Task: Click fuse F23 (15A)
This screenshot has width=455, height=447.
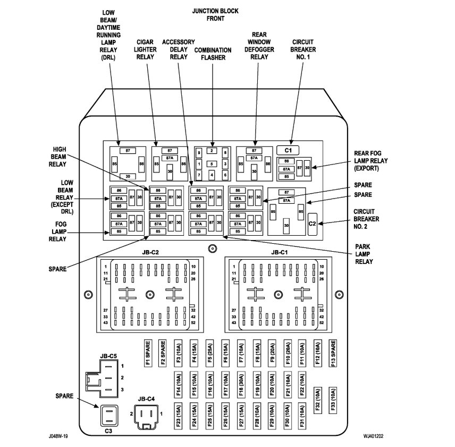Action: coord(179,418)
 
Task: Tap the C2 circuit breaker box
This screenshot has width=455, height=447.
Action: coord(312,223)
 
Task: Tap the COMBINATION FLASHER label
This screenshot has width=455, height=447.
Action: coord(213,54)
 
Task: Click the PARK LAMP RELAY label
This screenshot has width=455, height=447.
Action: coord(364,254)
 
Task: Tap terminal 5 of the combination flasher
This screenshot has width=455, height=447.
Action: coord(212,163)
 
